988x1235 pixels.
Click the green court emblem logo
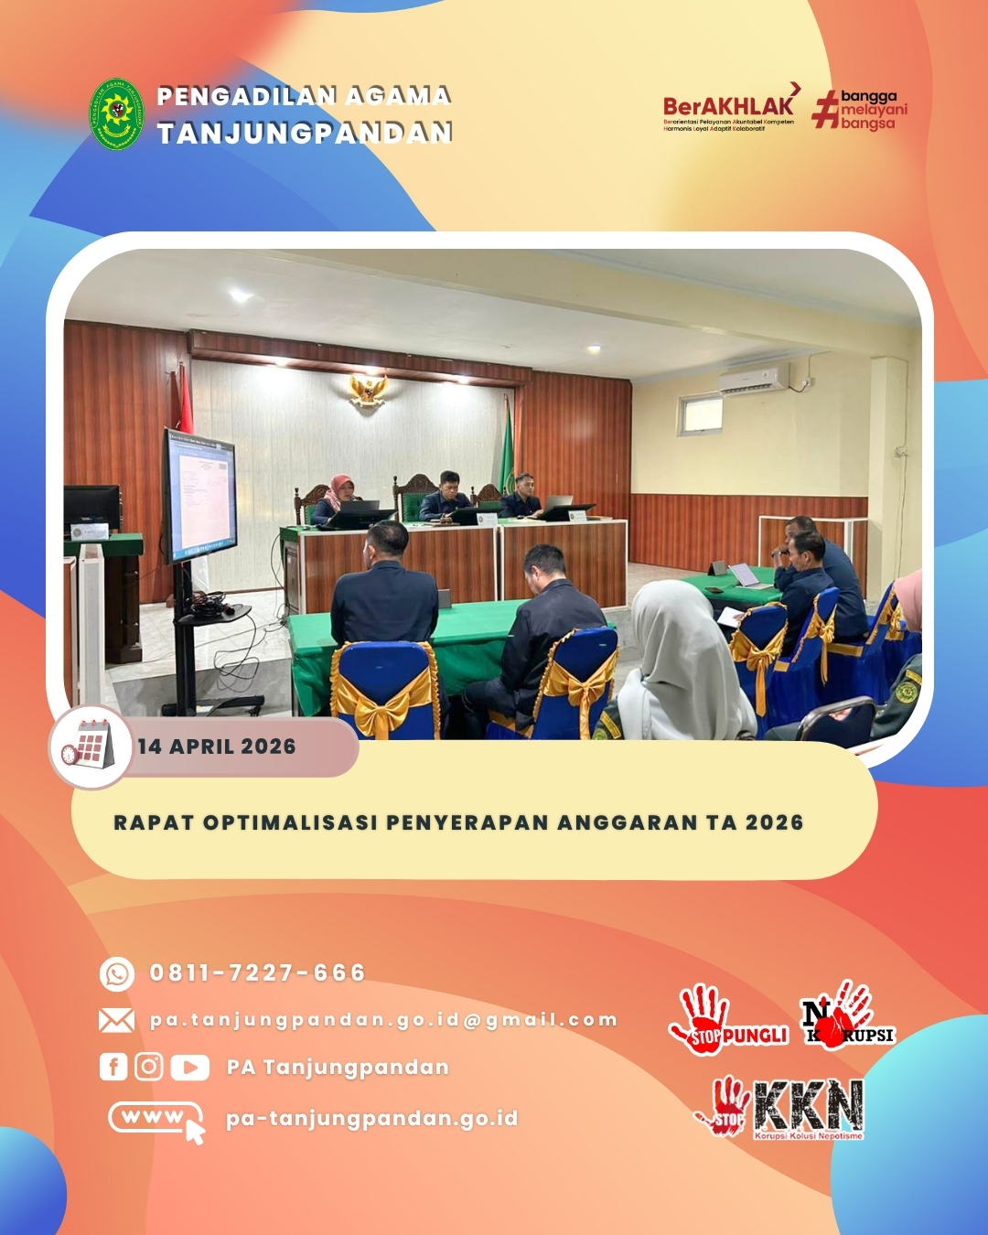click(x=116, y=114)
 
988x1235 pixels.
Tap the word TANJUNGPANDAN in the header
click(x=305, y=134)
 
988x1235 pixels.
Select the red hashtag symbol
click(x=825, y=109)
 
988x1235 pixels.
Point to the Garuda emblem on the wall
click(x=368, y=390)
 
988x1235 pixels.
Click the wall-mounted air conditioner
click(x=753, y=379)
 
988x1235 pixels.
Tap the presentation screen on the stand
click(x=200, y=494)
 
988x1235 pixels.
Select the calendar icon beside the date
click(x=90, y=746)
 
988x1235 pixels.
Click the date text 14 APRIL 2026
click(x=217, y=746)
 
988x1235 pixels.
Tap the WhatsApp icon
click(x=117, y=974)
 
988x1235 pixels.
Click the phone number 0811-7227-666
click(x=257, y=973)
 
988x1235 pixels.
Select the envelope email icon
click(x=116, y=1020)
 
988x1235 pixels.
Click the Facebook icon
click(x=113, y=1067)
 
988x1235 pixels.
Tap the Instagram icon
click(x=149, y=1067)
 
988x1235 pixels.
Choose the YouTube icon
click(x=189, y=1068)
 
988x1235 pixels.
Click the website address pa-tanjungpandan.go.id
click(x=371, y=1118)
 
